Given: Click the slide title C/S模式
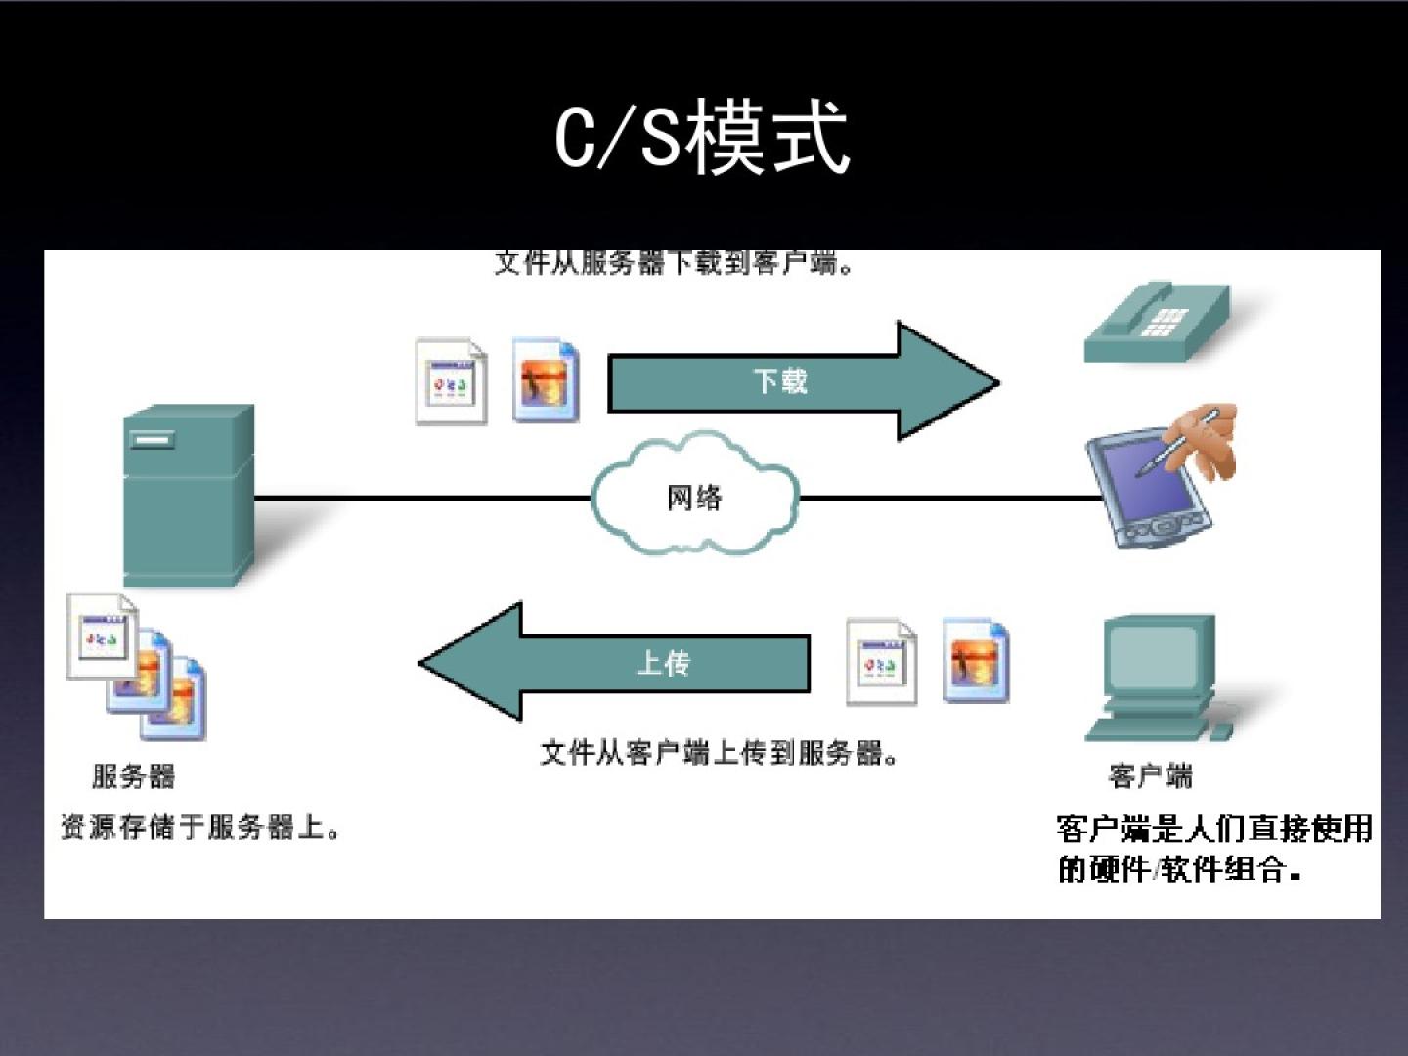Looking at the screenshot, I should click(702, 138).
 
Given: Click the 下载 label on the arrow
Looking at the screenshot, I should click(779, 380).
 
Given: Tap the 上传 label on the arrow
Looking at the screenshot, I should click(664, 664).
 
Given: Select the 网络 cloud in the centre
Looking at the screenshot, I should click(694, 498).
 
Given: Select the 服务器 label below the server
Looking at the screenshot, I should click(134, 776).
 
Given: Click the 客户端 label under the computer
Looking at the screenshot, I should click(1150, 776).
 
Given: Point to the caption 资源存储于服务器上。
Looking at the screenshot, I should click(200, 827).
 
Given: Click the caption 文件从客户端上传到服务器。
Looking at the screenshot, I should click(719, 753).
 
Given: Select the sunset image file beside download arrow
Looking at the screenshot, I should click(546, 380).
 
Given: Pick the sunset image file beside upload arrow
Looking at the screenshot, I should click(975, 660).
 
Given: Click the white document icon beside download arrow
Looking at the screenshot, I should click(451, 381).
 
